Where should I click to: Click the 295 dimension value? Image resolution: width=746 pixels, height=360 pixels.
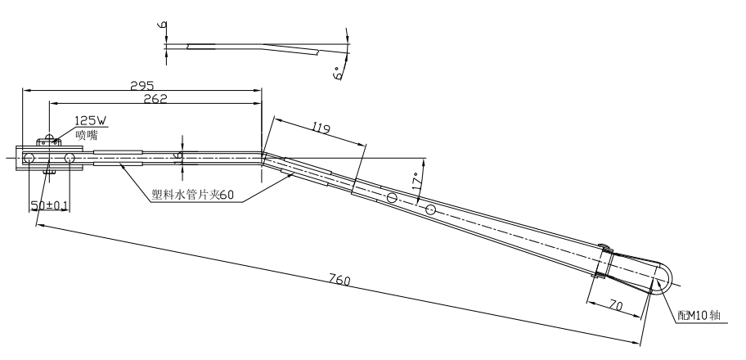(x=142, y=85)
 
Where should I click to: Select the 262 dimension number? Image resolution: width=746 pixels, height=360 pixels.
(x=155, y=99)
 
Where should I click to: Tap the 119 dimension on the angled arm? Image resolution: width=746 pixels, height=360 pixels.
(x=321, y=128)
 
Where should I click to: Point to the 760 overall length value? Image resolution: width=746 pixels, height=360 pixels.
(x=339, y=281)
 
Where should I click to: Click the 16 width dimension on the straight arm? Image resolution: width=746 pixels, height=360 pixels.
(x=178, y=157)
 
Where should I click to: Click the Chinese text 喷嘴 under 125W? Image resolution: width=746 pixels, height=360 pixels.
(x=86, y=135)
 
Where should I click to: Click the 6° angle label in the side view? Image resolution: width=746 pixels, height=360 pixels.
(x=337, y=73)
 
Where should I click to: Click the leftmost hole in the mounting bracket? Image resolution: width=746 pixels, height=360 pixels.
(x=29, y=157)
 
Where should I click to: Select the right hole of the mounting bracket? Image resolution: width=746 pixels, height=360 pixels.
(x=70, y=157)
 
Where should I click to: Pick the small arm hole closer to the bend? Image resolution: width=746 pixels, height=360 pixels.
(x=392, y=198)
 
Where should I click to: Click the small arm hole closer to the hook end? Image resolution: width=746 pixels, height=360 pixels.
(x=429, y=210)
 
